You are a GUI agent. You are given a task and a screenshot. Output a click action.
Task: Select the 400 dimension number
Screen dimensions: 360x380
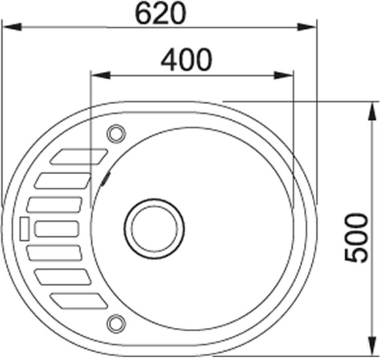coord(187,60)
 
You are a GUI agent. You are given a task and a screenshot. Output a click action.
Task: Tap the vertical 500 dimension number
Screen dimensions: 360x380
coord(356,237)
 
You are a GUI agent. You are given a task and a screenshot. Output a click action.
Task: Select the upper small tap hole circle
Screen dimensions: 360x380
coord(115,133)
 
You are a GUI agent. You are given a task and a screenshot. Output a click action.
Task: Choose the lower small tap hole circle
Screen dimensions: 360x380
coord(116,322)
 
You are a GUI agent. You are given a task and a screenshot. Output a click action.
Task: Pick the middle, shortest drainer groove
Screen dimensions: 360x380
coord(57,228)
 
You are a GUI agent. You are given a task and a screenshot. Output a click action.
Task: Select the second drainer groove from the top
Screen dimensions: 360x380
coord(64,180)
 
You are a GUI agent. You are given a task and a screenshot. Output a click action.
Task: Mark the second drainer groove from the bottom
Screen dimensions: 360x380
coord(64,276)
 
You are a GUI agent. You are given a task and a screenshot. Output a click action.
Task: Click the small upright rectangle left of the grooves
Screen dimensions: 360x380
coord(24,228)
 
